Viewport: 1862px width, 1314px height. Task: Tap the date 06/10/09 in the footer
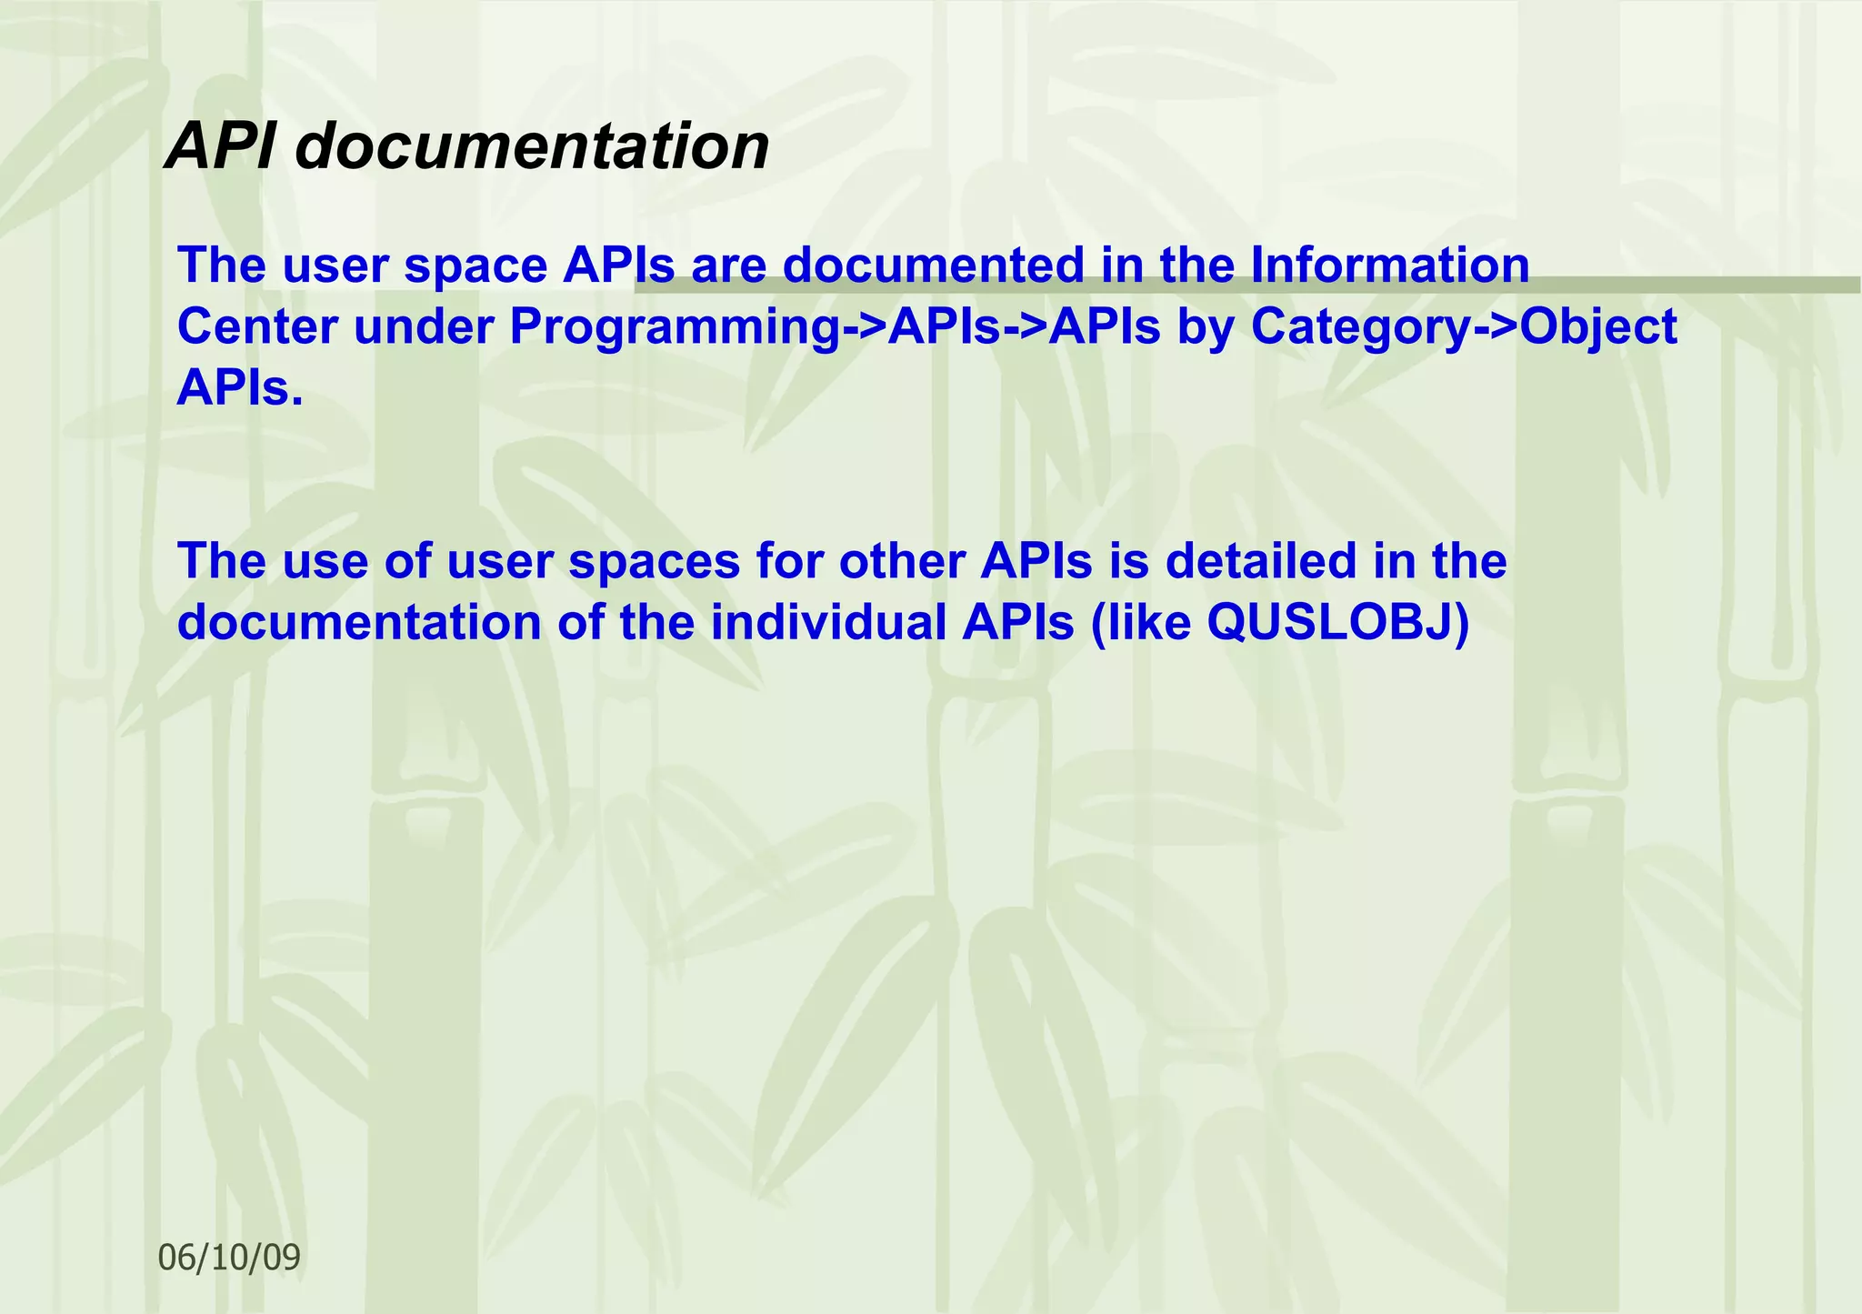229,1257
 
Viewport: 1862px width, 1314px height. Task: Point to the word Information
1390,266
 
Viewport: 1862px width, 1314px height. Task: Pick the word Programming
676,326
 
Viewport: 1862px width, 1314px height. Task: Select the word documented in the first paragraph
933,266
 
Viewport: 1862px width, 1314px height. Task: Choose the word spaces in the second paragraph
655,560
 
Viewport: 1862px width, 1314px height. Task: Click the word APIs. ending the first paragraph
239,388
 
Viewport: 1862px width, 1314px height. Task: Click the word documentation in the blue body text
359,622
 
